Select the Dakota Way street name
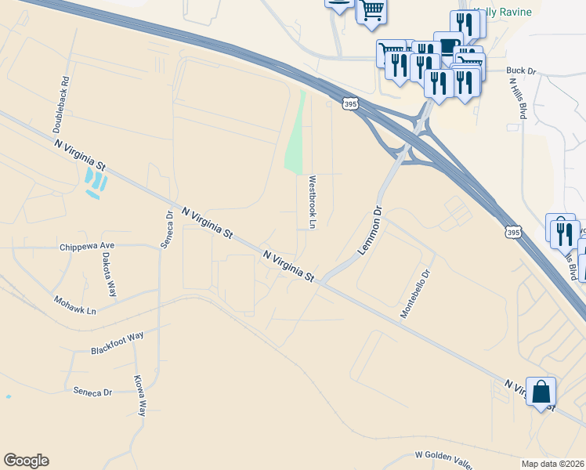point(111,269)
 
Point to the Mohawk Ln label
point(74,305)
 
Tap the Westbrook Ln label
point(312,202)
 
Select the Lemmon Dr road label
point(369,230)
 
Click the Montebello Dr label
point(416,294)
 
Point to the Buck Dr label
point(520,71)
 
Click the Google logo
point(26,461)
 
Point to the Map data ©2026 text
point(552,463)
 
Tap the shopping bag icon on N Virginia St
point(541,392)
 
